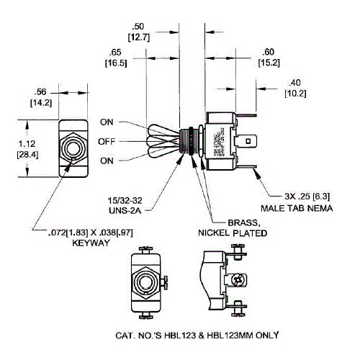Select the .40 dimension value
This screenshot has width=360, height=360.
(x=296, y=81)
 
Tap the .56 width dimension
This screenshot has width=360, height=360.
(x=40, y=91)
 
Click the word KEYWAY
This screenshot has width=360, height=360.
(x=89, y=243)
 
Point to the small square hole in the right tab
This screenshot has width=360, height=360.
(x=248, y=142)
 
